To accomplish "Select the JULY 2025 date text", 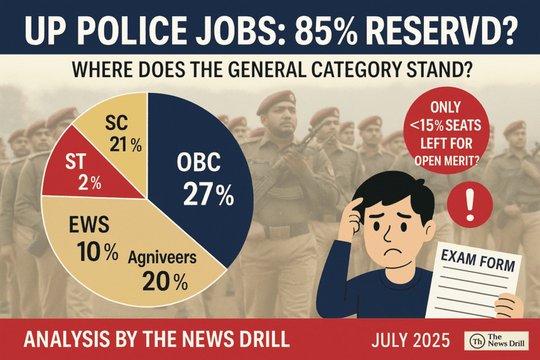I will pos(411,340).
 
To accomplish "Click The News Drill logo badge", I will pos(497,340).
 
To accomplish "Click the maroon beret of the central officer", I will pos(276,99).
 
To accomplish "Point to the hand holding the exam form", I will pos(509,306).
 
